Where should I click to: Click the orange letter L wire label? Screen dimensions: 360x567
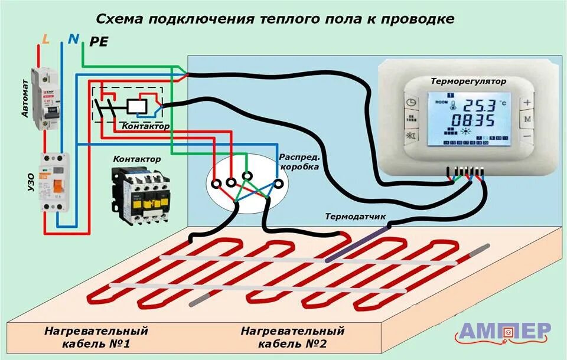(46, 40)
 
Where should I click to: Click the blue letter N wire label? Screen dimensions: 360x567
(73, 39)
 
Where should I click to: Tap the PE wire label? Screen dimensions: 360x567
(98, 41)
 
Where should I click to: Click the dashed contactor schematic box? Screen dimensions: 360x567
(128, 105)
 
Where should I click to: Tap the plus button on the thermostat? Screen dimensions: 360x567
(527, 102)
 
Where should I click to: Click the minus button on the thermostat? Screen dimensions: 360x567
(527, 136)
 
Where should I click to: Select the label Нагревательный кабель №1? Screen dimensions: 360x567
(96, 336)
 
